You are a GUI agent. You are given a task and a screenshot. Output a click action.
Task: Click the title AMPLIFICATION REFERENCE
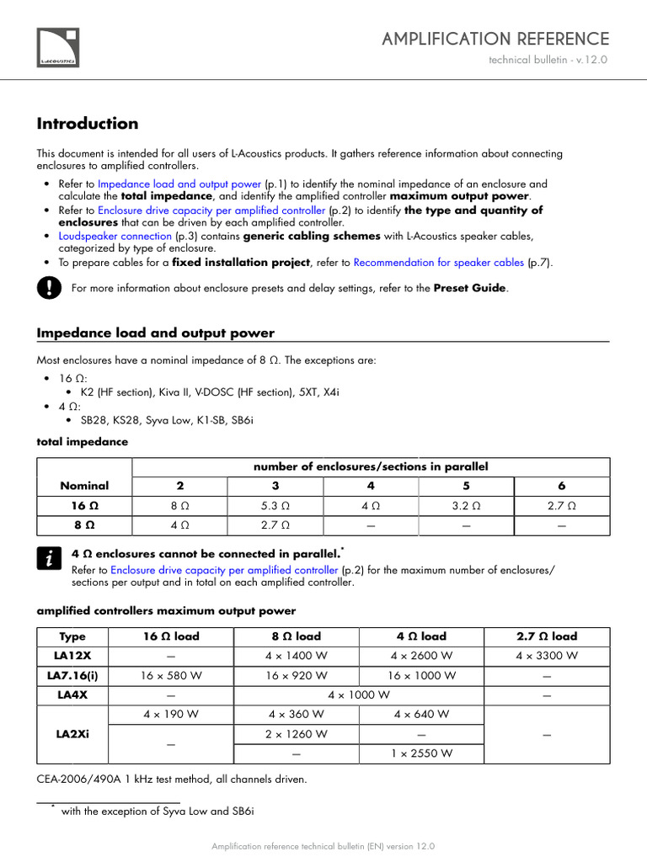495,39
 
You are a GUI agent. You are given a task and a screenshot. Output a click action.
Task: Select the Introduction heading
88,124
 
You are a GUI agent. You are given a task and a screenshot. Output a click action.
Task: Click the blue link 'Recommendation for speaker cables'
439,263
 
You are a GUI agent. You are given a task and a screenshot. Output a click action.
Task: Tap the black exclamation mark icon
48,289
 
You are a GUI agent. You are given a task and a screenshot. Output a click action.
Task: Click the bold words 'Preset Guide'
469,288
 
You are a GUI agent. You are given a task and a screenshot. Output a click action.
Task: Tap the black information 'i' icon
48,558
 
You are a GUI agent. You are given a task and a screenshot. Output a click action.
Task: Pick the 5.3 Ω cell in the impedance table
275,506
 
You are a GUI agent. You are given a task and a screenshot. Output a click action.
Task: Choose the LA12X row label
73,656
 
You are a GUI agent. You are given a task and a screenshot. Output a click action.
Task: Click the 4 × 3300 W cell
547,656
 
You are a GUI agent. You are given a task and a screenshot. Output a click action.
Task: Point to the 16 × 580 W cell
171,675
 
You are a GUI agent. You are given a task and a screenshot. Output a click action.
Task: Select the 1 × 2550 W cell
421,753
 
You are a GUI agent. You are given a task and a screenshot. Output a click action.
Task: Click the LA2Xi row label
73,734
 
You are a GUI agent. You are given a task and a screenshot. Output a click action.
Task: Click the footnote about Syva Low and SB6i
157,811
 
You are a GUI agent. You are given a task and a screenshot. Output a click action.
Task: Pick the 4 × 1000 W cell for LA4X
359,695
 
